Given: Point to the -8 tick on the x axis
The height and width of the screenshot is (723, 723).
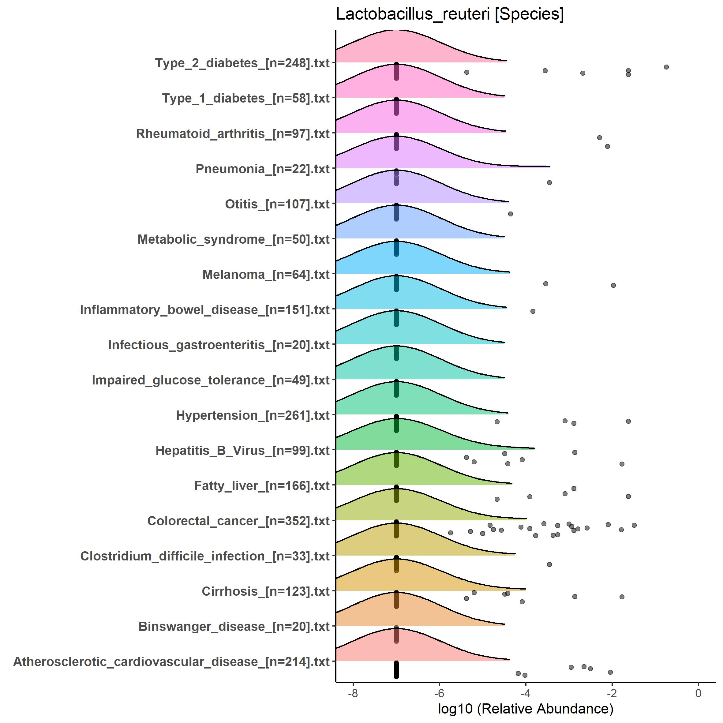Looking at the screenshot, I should tap(353, 693).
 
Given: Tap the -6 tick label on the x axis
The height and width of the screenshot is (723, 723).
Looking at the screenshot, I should tap(439, 693).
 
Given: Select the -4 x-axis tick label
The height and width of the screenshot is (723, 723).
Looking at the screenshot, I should tap(525, 693).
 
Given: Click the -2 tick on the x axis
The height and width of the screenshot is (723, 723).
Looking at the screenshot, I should tap(612, 693).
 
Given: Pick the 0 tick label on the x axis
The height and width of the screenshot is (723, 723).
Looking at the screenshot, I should tap(698, 693).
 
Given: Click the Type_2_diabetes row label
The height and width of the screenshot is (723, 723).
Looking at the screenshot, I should tap(242, 63).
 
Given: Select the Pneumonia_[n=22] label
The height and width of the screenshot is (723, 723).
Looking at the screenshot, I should tap(262, 169).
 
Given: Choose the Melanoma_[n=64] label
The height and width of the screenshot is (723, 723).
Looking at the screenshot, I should tap(266, 274).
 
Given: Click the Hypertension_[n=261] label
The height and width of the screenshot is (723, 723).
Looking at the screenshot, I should tap(253, 415).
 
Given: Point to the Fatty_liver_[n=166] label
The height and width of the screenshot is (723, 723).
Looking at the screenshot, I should tap(262, 485).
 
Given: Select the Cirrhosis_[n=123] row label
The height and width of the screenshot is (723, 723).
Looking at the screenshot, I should tap(265, 591).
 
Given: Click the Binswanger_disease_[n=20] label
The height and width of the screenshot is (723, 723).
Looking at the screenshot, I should tap(234, 627).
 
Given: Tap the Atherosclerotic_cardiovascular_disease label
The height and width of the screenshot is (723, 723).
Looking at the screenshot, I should tap(171, 661).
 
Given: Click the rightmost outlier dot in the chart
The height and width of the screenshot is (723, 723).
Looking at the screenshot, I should tap(666, 67).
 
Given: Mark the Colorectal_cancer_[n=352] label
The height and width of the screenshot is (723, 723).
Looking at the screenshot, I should tap(238, 521).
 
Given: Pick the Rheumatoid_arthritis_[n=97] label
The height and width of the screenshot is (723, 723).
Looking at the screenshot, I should tap(232, 133).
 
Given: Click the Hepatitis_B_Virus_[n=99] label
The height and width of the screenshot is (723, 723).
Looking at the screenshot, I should tap(242, 450).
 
